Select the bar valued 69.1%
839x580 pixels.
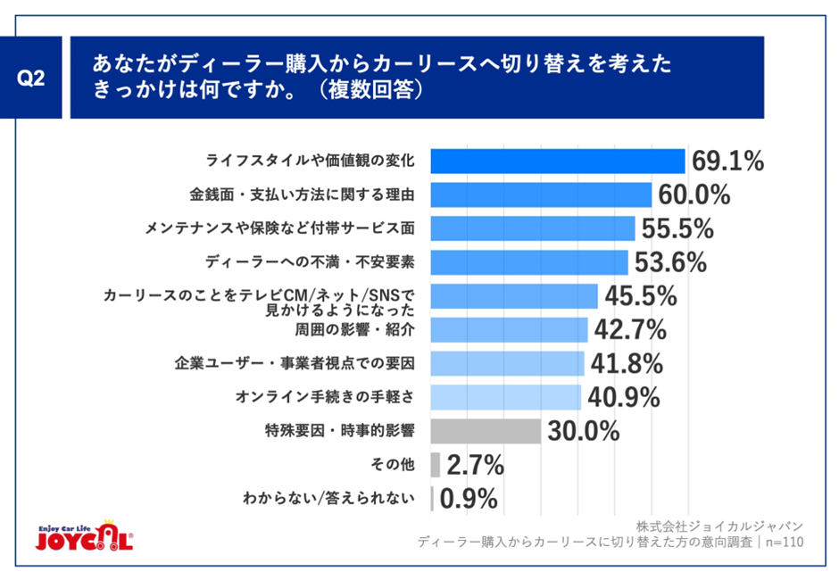point(557,162)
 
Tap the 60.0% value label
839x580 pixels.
point(694,195)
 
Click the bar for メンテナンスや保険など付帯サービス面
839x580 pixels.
point(532,228)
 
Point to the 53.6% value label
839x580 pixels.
point(669,262)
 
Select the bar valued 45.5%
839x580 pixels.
point(513,296)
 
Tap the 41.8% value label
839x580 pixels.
point(625,363)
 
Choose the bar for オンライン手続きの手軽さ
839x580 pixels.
point(505,397)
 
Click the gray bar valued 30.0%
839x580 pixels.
point(486,431)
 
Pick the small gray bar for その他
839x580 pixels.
point(435,465)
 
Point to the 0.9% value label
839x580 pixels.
point(469,499)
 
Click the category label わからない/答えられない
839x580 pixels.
point(329,499)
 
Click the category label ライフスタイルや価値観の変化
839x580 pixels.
point(311,162)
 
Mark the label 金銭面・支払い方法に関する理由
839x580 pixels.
point(303,195)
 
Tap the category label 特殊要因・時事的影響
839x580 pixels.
point(341,431)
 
